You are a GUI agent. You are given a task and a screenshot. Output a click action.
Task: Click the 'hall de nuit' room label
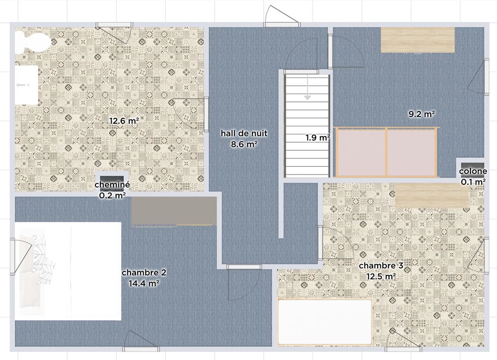(244, 133)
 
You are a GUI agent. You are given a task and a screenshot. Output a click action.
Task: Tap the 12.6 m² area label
(124, 121)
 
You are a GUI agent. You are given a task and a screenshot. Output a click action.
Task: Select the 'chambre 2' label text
(144, 273)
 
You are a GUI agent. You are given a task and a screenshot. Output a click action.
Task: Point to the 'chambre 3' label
(381, 265)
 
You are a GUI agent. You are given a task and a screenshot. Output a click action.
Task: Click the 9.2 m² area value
(421, 114)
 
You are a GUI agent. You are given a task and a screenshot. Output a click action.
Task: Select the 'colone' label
(473, 171)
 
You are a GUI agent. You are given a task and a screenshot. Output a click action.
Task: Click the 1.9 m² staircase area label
(318, 138)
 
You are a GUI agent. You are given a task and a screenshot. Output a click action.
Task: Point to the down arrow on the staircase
(307, 87)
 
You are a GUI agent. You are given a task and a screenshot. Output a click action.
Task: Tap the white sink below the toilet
(27, 85)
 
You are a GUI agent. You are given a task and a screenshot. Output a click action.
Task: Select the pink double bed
(386, 152)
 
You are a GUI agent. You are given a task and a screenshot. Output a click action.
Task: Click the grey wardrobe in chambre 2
(174, 211)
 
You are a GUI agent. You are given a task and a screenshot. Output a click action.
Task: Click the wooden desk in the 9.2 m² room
(418, 40)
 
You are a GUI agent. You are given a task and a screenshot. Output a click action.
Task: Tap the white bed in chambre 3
(325, 322)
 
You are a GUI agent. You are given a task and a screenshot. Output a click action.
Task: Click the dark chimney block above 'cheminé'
(112, 180)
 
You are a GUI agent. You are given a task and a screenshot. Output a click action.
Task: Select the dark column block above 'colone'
(473, 166)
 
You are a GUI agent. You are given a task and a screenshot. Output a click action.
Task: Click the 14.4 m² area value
(144, 283)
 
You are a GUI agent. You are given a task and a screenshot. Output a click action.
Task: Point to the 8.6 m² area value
(244, 144)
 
